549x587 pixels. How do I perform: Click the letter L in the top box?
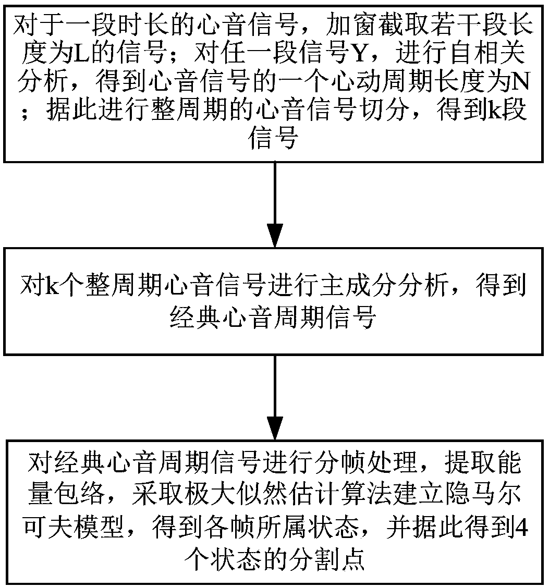pos(80,55)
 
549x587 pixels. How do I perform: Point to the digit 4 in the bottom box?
pos(521,528)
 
